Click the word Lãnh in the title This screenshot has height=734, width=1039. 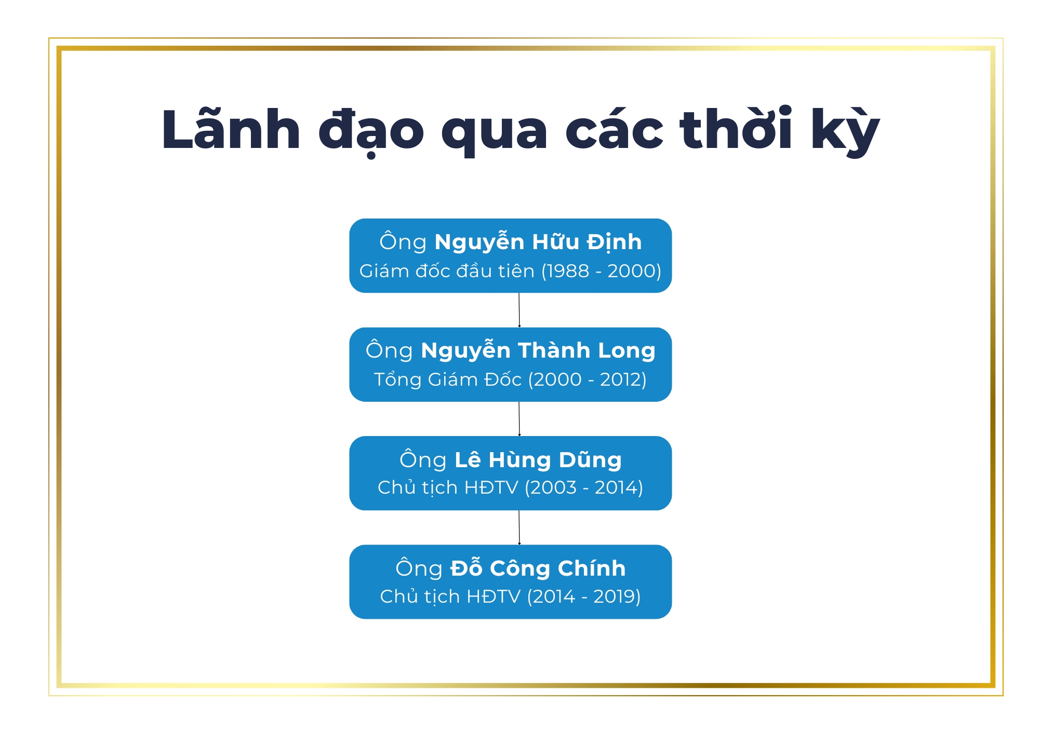231,130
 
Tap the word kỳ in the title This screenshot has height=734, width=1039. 845,130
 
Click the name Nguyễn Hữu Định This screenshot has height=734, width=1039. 538,242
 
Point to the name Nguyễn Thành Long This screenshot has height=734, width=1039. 538,351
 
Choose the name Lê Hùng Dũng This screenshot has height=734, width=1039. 538,460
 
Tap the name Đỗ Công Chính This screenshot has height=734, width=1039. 538,568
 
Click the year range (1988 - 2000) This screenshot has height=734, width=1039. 601,271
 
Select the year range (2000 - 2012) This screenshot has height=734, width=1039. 587,379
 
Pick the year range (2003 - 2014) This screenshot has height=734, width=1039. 584,487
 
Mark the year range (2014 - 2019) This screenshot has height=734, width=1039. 584,596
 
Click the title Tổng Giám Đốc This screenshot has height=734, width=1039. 448,379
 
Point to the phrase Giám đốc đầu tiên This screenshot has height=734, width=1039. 447,271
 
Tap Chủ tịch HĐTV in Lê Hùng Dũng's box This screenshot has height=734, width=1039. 448,487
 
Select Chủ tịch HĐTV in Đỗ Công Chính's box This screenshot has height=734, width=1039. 450,596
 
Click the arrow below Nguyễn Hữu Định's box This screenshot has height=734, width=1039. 519,310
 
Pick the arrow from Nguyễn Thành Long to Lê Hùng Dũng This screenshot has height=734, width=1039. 519,419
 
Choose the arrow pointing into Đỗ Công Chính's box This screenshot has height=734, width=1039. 519,527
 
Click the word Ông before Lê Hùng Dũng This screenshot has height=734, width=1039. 423,460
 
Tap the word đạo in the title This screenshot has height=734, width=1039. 371,130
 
